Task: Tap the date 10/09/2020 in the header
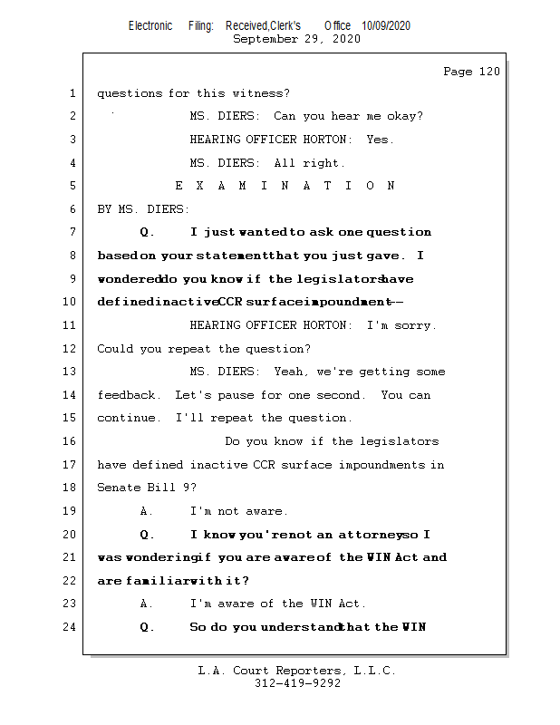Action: tap(385, 26)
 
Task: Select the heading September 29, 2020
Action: tap(296, 39)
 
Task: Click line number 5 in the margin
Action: tap(72, 186)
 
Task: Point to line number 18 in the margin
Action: tap(72, 488)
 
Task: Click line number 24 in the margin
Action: tap(72, 627)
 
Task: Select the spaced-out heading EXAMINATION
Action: tap(285, 186)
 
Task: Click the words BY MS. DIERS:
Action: tap(143, 209)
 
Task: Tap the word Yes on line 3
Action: tap(380, 140)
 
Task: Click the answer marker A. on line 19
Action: tap(146, 511)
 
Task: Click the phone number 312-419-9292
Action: tap(297, 684)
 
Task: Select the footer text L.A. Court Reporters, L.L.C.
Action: tap(297, 671)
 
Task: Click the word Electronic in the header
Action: tap(150, 26)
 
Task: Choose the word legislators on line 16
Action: tap(401, 441)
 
